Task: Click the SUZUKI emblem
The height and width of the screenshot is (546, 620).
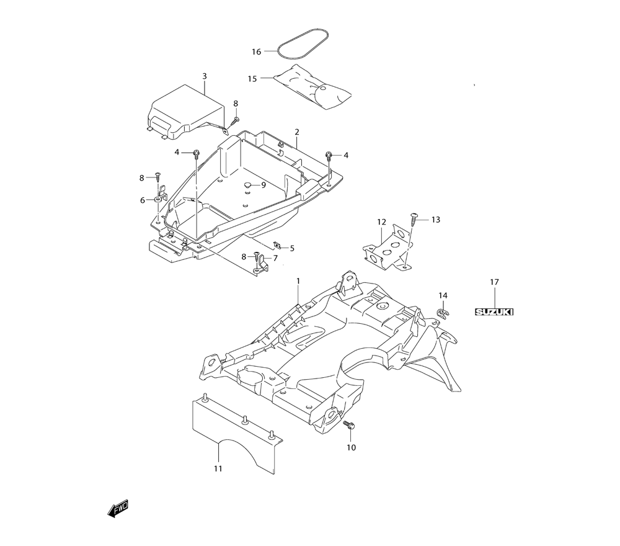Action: [494, 312]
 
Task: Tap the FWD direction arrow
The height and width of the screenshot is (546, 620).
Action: [118, 509]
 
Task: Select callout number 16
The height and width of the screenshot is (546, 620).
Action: [257, 52]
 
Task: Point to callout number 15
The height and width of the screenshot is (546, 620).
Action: [252, 79]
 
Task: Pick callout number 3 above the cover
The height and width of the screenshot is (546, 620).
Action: [205, 76]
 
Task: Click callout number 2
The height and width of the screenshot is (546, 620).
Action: [297, 132]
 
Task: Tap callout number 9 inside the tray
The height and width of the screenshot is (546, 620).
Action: [263, 185]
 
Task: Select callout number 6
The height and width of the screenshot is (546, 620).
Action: [142, 200]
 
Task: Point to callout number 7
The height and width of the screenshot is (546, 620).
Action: [275, 257]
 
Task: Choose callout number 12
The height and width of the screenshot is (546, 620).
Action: [381, 222]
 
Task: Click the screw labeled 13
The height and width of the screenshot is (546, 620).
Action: [413, 217]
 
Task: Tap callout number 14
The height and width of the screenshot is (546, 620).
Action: [443, 295]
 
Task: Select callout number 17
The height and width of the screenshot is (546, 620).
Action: [494, 282]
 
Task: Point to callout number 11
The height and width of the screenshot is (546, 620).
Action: [218, 469]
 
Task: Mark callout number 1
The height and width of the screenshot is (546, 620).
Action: [298, 281]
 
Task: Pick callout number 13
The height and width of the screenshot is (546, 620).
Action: [435, 220]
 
